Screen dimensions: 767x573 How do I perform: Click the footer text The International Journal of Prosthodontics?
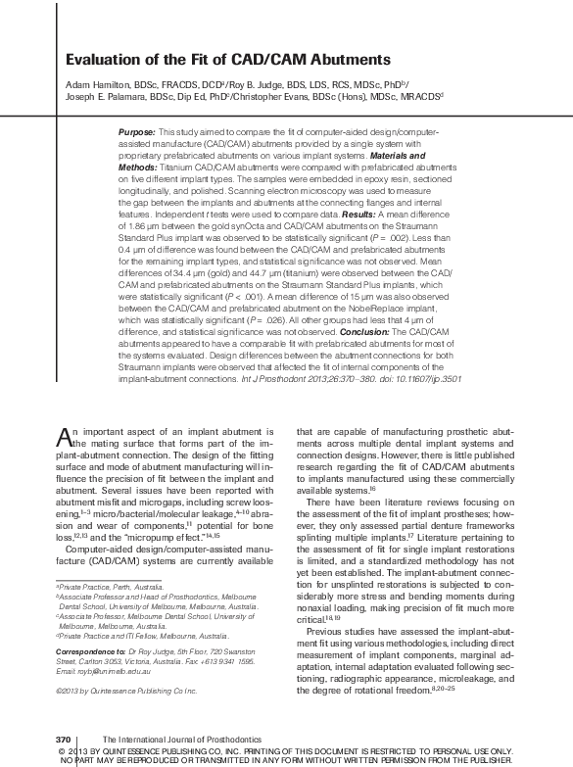[x=171, y=738]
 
